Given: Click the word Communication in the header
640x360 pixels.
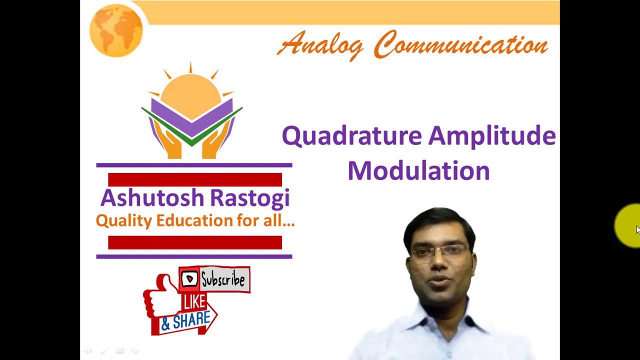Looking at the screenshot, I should tap(460, 45).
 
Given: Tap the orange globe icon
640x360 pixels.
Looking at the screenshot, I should tap(116, 29).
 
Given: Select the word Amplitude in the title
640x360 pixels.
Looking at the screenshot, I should tap(492, 136).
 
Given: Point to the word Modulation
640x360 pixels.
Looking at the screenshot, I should tap(418, 170).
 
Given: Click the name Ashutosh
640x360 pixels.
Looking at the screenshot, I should tap(152, 198).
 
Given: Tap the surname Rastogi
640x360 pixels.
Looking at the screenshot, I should tap(249, 198).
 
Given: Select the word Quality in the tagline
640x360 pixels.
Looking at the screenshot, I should tap(123, 220).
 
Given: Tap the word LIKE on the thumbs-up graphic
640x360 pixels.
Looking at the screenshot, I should tap(194, 301).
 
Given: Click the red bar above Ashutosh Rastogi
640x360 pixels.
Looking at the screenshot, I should tap(195, 179).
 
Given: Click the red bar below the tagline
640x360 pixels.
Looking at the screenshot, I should tap(195, 242).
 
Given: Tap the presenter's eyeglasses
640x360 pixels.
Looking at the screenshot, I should tap(440, 250).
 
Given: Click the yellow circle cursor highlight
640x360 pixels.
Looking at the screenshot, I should tap(628, 226).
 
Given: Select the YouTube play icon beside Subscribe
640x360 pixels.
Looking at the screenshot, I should tap(189, 279).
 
